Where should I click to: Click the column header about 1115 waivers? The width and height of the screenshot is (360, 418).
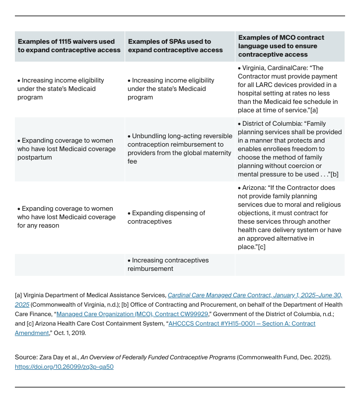pos(69,46)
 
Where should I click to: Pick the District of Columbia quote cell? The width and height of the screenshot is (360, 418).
pos(289,149)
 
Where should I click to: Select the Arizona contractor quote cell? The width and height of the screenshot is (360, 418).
pos(289,217)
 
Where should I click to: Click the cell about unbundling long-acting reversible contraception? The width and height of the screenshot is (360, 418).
pos(179,149)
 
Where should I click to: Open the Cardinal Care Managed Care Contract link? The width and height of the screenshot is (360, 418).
pos(254,295)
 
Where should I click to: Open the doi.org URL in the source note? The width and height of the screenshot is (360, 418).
pos(64,367)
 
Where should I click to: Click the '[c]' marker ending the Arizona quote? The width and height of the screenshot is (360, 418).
pos(261,247)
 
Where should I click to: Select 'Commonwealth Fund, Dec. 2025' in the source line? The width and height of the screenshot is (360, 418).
pos(284,357)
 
